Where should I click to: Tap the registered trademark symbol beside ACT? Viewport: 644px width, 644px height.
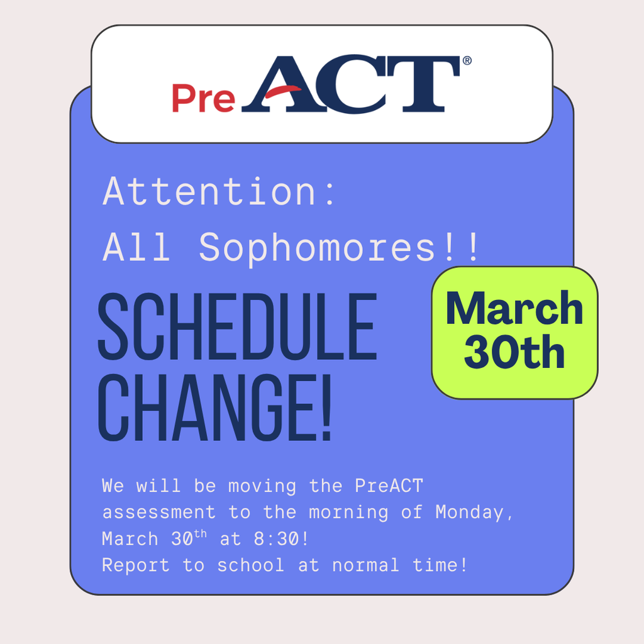(467, 61)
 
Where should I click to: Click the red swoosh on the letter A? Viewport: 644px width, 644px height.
(282, 93)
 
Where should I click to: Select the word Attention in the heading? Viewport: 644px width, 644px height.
(209, 191)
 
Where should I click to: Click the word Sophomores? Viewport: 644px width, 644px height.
(316, 248)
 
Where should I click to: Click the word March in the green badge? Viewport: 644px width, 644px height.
(514, 308)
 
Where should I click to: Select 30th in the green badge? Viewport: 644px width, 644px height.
(514, 353)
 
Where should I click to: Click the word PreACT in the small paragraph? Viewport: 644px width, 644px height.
(389, 486)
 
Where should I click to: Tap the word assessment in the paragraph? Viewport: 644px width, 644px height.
(159, 513)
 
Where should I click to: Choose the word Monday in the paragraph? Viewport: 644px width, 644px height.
(469, 513)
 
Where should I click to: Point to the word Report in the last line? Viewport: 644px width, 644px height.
(136, 565)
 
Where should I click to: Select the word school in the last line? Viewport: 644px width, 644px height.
(251, 565)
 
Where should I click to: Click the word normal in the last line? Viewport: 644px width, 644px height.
(365, 565)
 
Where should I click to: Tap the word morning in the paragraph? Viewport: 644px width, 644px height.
(348, 513)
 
